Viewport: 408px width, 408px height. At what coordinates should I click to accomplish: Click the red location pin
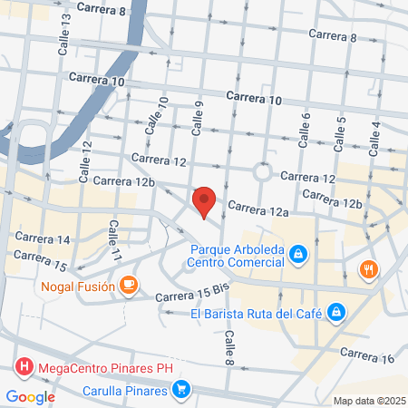tap(204, 200)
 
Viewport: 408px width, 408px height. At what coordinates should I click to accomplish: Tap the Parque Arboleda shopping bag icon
tap(296, 257)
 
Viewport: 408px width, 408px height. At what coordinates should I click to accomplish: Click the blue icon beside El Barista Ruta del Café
tap(336, 314)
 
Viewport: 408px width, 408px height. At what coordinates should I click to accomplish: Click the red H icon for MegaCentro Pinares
tap(24, 368)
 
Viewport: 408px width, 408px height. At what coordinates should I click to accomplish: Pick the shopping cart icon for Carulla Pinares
tap(182, 391)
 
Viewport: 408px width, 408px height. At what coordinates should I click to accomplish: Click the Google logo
tap(30, 396)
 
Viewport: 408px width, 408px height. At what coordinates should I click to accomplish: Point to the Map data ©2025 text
tap(368, 401)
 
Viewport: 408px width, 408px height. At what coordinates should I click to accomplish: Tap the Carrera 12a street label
tap(257, 211)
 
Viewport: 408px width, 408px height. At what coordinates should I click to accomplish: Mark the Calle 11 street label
tap(115, 240)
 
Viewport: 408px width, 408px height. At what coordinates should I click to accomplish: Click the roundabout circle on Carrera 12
tap(264, 171)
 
